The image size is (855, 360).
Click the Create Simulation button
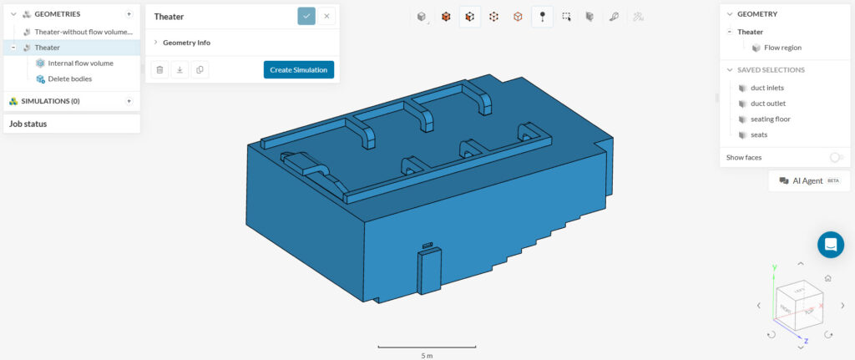click(x=298, y=69)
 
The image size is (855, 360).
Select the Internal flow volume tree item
click(x=80, y=63)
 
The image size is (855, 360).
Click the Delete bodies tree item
click(x=69, y=79)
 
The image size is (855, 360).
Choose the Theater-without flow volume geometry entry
click(x=83, y=31)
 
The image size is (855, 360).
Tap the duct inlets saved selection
click(x=766, y=88)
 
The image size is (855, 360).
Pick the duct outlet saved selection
click(x=768, y=104)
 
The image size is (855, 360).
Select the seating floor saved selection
click(x=770, y=119)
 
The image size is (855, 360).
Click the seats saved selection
click(x=758, y=134)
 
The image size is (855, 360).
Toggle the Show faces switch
click(x=836, y=157)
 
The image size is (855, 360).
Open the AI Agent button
click(x=807, y=180)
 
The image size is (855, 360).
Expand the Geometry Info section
click(x=186, y=42)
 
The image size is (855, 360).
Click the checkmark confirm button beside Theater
click(x=306, y=16)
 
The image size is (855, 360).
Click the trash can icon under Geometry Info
click(x=159, y=69)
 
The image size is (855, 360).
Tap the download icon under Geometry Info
click(x=180, y=69)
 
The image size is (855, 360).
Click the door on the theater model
click(x=429, y=271)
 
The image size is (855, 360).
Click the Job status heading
click(x=28, y=124)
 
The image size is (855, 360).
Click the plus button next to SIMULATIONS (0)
click(x=129, y=101)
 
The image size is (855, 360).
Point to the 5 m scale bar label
click(x=426, y=355)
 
